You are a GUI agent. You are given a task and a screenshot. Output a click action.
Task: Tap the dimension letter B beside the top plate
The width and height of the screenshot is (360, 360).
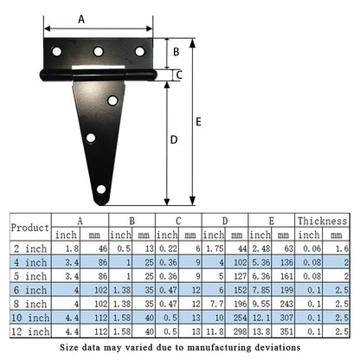click(176, 53)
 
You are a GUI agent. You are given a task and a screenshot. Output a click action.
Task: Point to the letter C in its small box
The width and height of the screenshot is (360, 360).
click(179, 75)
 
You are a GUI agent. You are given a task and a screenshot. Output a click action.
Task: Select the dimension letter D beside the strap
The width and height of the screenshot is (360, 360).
click(174, 139)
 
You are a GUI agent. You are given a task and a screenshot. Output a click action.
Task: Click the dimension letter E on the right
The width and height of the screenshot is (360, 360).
click(199, 122)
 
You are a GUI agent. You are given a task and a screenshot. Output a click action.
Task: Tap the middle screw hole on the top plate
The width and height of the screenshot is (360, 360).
click(99, 52)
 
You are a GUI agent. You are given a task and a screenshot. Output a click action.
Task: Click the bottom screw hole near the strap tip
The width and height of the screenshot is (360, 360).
click(101, 189)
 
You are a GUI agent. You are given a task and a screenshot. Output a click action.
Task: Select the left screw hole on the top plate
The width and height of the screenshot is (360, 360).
click(57, 52)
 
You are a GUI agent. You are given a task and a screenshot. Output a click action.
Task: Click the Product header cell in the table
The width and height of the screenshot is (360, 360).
click(29, 228)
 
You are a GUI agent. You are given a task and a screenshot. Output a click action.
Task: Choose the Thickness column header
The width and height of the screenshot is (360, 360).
click(322, 221)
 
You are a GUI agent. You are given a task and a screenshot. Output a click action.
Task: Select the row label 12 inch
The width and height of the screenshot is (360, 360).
click(30, 331)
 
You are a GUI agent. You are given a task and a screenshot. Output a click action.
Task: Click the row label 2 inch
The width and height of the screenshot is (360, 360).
click(30, 248)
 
